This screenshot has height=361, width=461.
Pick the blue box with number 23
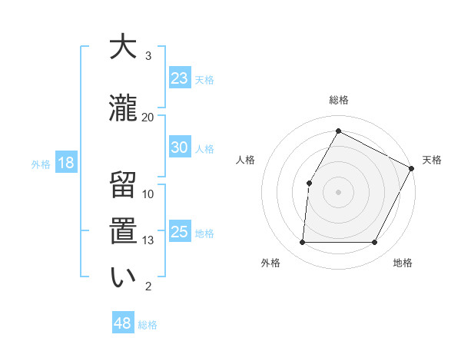179,78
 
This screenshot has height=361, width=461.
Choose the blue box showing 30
179,147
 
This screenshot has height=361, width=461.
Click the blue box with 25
179,232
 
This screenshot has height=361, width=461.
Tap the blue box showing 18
65,163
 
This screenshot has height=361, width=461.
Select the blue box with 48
123,323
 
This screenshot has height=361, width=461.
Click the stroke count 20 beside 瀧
148,117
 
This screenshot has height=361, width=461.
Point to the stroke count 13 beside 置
148,240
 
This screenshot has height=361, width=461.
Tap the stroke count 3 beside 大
148,56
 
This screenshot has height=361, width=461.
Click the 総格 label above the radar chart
338,100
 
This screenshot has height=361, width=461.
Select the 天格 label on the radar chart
432,160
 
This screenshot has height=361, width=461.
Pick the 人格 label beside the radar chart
245,160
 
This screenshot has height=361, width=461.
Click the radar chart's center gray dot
338,191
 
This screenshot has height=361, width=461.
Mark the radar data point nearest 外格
302,243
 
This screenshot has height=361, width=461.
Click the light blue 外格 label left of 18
40,164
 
